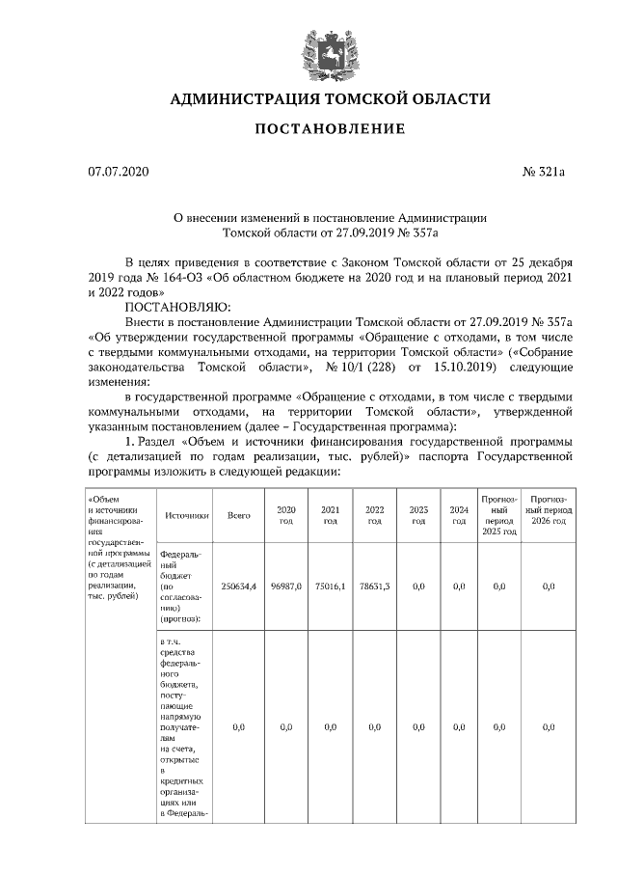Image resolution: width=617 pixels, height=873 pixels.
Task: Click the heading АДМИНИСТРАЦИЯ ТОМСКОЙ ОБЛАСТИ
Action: pyautogui.click(x=330, y=99)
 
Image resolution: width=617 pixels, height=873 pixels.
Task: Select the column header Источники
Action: pyautogui.click(x=187, y=515)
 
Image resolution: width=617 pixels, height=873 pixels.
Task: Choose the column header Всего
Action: pyautogui.click(x=238, y=515)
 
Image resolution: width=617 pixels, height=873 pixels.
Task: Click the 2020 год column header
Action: pyautogui.click(x=285, y=514)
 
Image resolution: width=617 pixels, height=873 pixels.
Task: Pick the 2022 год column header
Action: pyautogui.click(x=374, y=514)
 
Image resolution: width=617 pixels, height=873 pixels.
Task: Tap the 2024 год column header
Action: pyautogui.click(x=459, y=514)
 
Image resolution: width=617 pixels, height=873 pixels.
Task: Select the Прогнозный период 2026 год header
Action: pyautogui.click(x=548, y=514)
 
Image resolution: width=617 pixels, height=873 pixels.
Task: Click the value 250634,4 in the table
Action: pyautogui.click(x=238, y=586)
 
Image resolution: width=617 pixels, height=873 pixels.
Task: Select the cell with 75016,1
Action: pyautogui.click(x=331, y=586)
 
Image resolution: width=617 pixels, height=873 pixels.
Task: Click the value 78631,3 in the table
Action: pyautogui.click(x=374, y=586)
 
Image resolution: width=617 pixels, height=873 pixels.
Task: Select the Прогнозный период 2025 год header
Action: pyautogui.click(x=499, y=514)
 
